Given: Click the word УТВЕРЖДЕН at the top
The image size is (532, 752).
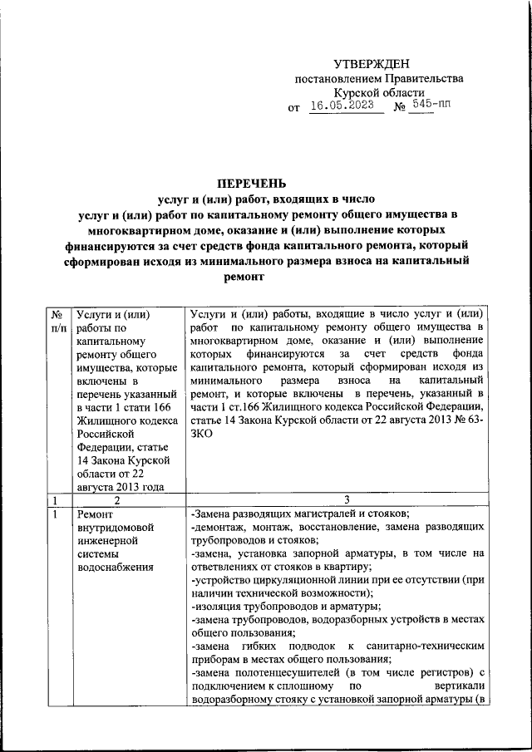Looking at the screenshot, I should pos(371,64).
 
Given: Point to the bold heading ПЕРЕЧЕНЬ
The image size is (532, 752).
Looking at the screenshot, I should pos(252,182).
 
